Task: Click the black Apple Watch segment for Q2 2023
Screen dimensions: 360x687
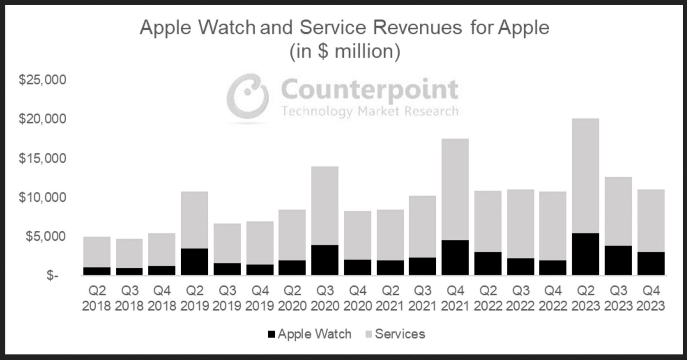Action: (585, 254)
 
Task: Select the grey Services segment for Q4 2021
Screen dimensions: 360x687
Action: (455, 189)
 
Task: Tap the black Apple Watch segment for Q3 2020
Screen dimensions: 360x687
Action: (325, 260)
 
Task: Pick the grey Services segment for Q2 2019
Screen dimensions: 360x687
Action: (195, 220)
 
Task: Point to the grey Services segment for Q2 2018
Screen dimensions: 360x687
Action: (97, 252)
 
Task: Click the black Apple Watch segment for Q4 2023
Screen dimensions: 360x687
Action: (651, 263)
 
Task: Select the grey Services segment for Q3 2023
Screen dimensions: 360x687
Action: (618, 211)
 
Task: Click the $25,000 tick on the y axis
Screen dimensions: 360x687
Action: (43, 80)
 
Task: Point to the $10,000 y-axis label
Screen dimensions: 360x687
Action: (43, 197)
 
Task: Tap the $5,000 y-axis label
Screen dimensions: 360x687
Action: (46, 236)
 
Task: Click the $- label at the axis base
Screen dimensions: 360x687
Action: (52, 275)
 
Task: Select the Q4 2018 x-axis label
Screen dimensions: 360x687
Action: (162, 298)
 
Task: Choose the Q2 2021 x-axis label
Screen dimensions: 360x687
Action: (390, 298)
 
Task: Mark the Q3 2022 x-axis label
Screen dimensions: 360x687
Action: (520, 298)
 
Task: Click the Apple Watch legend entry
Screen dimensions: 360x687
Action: (309, 334)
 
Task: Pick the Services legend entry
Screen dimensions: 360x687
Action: (395, 334)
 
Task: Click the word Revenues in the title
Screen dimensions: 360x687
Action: (417, 27)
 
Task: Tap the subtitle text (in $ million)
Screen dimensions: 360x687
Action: (345, 51)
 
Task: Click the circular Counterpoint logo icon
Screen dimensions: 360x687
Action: (248, 96)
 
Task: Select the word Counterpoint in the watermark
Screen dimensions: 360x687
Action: (370, 89)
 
